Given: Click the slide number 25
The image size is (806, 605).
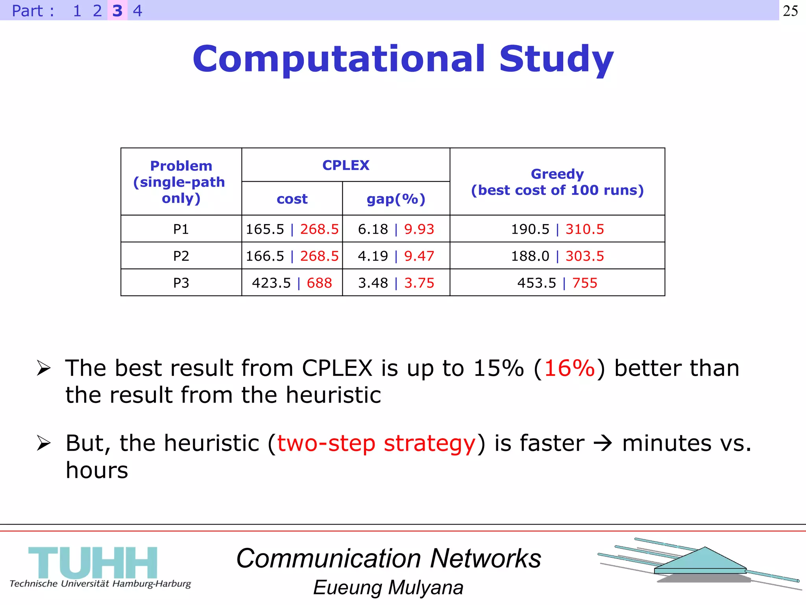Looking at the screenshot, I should (790, 11).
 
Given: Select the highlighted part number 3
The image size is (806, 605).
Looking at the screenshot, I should (117, 11).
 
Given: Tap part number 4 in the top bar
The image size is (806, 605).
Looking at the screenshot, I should (137, 11).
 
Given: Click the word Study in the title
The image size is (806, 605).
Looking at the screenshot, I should (556, 59).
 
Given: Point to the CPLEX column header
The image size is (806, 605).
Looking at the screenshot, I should (346, 165).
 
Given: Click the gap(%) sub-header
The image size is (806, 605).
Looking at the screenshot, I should (396, 199).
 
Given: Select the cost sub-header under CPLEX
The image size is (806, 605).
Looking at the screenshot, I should (292, 199).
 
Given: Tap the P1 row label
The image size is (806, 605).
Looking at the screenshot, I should (181, 229).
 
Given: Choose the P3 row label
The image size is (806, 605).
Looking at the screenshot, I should (181, 283).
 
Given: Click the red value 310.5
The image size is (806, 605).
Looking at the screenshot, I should (584, 229).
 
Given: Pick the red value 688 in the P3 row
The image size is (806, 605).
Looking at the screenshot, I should (319, 283).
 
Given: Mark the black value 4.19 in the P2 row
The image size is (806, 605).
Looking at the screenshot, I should (373, 256).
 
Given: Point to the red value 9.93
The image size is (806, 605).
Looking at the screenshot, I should (419, 229).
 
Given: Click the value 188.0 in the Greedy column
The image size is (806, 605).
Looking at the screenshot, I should (530, 256).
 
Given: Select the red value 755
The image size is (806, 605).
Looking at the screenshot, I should (584, 283).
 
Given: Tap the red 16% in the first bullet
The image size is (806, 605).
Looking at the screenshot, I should (569, 368).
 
